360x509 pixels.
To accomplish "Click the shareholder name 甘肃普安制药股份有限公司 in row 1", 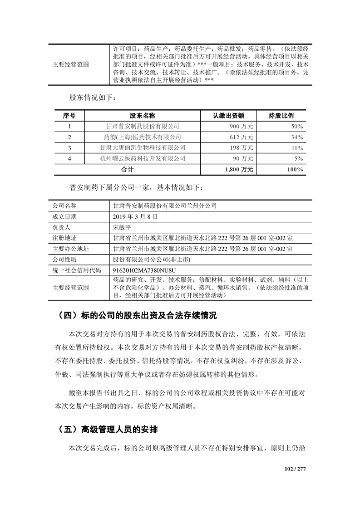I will coord(142,126).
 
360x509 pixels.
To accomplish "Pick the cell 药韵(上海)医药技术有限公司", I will coord(142,137).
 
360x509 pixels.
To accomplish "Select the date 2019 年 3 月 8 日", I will coord(135,216).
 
